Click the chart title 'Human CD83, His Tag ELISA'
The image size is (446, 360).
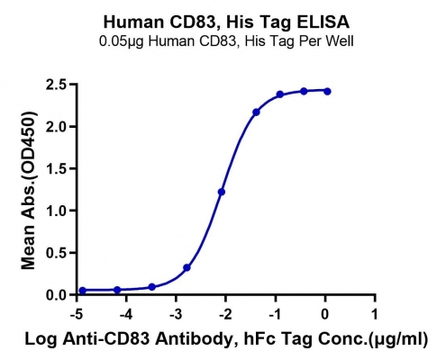226,22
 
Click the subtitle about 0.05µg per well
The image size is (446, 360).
226,40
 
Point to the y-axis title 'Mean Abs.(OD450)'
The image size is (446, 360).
29,190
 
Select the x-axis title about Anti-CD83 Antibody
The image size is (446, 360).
226,338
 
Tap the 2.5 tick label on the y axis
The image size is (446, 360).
56,85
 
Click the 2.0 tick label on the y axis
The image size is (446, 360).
56,127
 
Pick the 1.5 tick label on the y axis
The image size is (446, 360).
56,169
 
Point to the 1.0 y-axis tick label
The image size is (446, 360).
56,211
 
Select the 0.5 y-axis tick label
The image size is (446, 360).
56,253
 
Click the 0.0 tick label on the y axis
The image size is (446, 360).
56,295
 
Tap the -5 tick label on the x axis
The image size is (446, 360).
77,315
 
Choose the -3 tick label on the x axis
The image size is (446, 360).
176,315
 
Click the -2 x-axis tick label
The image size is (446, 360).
225,315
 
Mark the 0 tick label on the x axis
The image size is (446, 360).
325,315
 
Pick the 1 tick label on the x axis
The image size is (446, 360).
374,315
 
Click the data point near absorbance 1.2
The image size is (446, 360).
222,192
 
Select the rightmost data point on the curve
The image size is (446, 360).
327,92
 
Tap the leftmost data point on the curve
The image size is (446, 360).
83,291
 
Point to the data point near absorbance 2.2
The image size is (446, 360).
256,112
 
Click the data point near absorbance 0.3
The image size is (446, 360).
187,267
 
